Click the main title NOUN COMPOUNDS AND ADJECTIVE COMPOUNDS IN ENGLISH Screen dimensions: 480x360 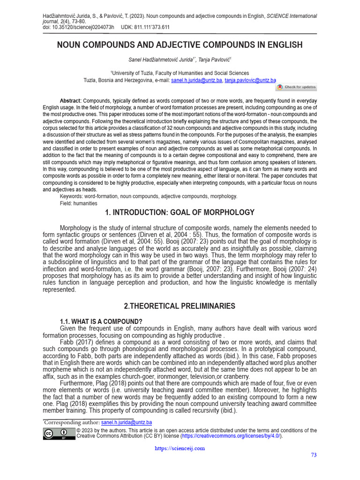[x=180, y=45]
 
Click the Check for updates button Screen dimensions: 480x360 [x=296, y=87]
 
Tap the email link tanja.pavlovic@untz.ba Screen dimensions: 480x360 [x=250, y=80]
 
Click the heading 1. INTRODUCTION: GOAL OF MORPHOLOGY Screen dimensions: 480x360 [x=180, y=212]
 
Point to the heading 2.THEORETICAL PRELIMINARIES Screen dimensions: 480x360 [x=180, y=306]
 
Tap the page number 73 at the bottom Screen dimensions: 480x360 [x=314, y=455]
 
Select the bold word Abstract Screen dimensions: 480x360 [x=70, y=101]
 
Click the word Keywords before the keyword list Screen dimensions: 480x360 [x=71, y=196]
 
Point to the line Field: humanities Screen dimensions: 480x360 [x=78, y=203]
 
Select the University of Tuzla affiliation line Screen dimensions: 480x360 [x=180, y=73]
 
